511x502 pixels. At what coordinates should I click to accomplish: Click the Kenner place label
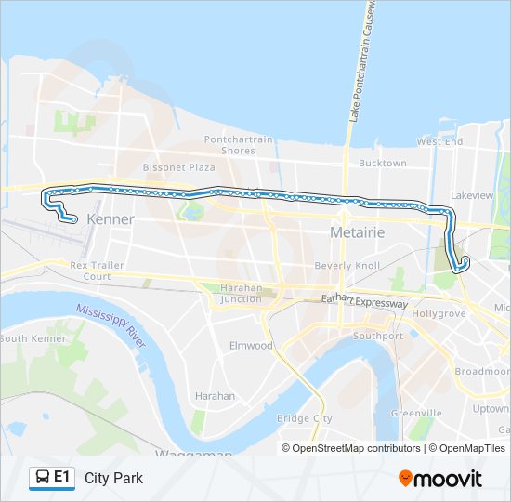[x=110, y=219]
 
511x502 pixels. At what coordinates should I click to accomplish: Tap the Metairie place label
[x=358, y=231]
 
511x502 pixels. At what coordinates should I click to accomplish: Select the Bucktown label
[x=383, y=163]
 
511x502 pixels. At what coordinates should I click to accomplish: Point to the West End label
[x=439, y=141]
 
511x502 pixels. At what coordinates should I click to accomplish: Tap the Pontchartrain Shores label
[x=239, y=145]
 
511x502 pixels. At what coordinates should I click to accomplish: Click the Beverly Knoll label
[x=347, y=266]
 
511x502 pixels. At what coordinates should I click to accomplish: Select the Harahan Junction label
[x=241, y=293]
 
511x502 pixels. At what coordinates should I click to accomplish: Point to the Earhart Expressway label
[x=364, y=303]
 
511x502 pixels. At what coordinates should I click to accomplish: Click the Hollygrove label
[x=438, y=314]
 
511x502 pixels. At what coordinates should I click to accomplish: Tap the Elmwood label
[x=251, y=345]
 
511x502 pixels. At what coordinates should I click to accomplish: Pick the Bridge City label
[x=305, y=418]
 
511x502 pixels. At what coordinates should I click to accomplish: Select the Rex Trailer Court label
[x=97, y=271]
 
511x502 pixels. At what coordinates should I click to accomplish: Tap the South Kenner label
[x=33, y=338]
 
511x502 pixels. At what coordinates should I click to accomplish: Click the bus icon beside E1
[x=43, y=478]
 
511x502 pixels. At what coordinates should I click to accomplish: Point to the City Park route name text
[x=113, y=478]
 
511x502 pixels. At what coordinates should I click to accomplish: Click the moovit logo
[x=440, y=478]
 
